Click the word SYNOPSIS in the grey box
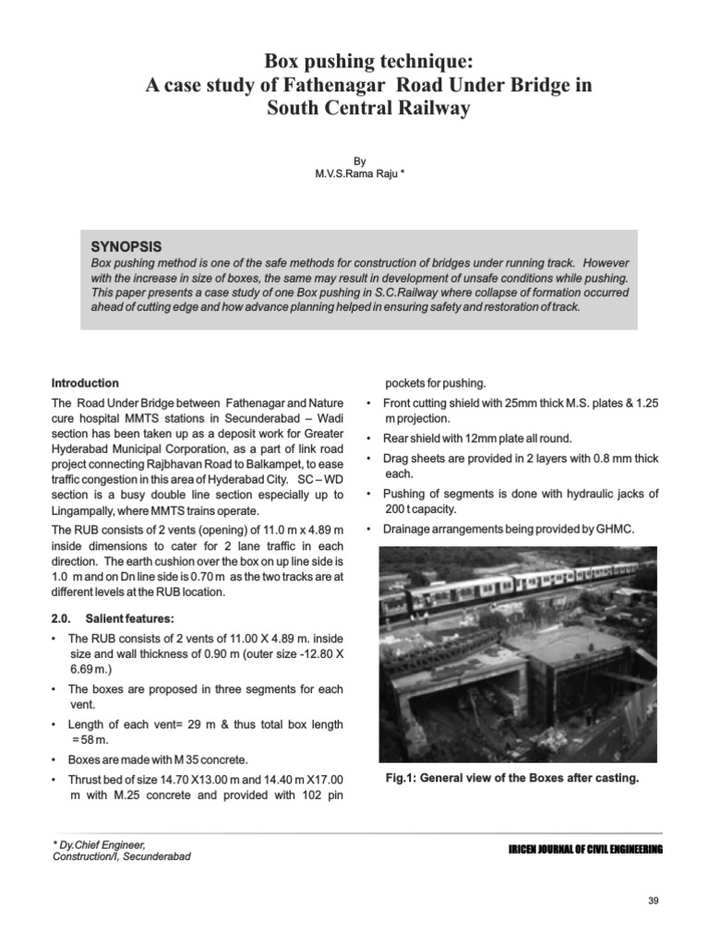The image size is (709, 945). point(126,246)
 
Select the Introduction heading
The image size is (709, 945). point(85,383)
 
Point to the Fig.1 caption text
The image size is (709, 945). point(512,778)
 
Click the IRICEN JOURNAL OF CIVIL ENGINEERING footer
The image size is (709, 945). point(586,849)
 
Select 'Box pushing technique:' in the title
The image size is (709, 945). point(368,61)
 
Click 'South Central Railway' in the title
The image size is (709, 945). point(368,108)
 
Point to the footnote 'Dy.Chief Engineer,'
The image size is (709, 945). point(99,844)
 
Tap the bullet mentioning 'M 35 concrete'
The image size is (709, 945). point(158,760)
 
